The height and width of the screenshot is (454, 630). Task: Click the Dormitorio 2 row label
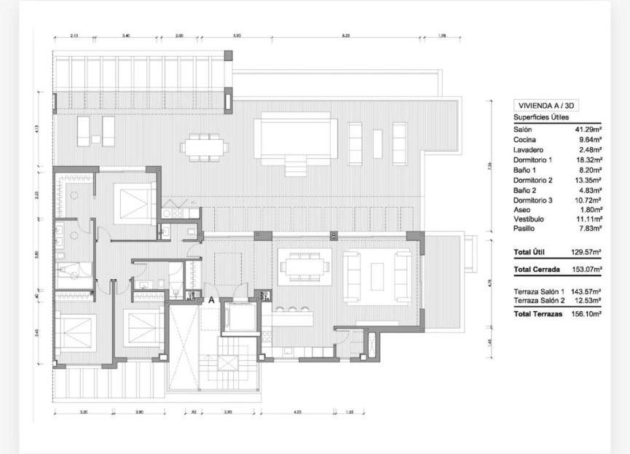pyautogui.click(x=533, y=179)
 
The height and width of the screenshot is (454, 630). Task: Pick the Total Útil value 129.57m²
pyautogui.click(x=586, y=251)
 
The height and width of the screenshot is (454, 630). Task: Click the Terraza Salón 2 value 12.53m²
pyautogui.click(x=587, y=301)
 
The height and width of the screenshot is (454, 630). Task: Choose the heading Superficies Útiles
pyautogui.click(x=541, y=117)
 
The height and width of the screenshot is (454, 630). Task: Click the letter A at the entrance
pyautogui.click(x=211, y=300)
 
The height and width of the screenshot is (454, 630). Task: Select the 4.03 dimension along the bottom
pyautogui.click(x=297, y=412)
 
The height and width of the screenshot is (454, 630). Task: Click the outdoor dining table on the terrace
pyautogui.click(x=205, y=146)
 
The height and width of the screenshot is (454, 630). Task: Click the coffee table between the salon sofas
pyautogui.click(x=378, y=276)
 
